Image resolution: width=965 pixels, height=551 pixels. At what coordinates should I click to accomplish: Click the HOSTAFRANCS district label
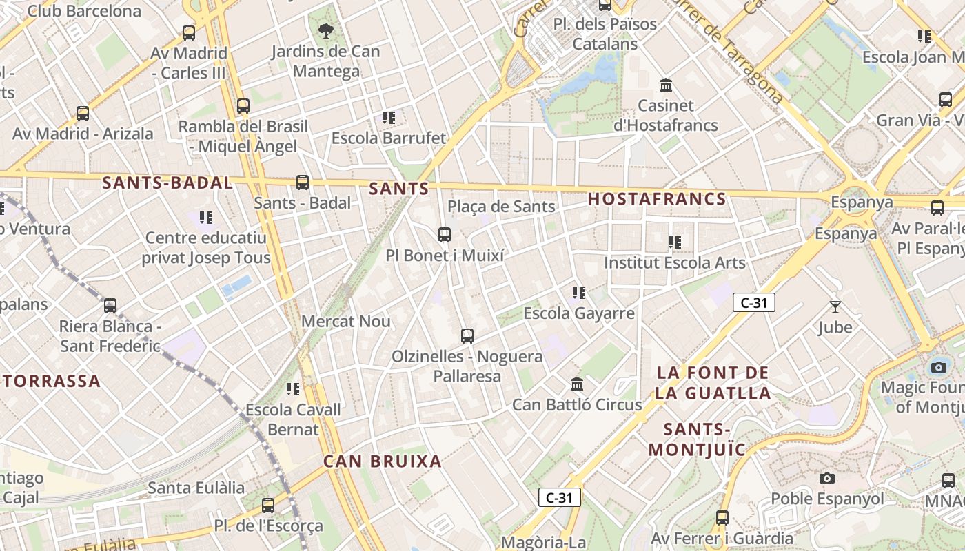point(657,200)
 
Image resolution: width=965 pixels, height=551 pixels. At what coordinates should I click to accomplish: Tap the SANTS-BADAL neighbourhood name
point(167,183)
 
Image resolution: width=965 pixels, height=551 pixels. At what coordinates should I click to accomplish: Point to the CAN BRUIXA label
point(383,461)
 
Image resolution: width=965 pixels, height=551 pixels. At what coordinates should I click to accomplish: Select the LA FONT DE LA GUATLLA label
point(713,383)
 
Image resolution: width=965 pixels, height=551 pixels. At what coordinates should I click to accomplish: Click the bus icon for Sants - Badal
point(302,183)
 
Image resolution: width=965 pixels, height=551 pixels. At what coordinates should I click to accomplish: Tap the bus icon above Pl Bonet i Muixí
point(445,235)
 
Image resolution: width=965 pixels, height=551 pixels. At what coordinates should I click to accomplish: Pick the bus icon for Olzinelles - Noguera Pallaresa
point(467,336)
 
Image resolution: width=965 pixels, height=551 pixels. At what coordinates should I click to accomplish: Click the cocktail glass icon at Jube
point(835,307)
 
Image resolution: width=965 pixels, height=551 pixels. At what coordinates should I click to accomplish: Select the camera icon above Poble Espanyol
point(827,478)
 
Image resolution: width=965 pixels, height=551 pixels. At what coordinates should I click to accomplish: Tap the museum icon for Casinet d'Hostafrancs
point(666,85)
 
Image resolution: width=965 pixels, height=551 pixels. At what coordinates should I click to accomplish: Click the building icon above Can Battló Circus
point(577,384)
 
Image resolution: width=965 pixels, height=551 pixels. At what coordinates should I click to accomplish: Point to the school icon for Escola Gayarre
point(579,293)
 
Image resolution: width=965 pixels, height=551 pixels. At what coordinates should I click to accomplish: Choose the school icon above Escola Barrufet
point(389,118)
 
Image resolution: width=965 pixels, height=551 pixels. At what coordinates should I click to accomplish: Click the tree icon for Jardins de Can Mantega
point(325,30)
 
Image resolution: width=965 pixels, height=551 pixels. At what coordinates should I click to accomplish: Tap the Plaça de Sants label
point(501,207)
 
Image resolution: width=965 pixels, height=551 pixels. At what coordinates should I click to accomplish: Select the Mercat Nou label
point(346,322)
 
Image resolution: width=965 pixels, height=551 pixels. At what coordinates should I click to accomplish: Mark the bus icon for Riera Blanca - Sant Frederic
point(110,306)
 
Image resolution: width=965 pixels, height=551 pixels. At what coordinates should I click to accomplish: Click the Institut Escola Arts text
point(675,263)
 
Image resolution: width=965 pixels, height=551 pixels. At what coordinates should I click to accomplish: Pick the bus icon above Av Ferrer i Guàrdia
point(722,518)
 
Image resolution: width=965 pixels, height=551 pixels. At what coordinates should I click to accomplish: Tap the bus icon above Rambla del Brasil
point(243,106)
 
